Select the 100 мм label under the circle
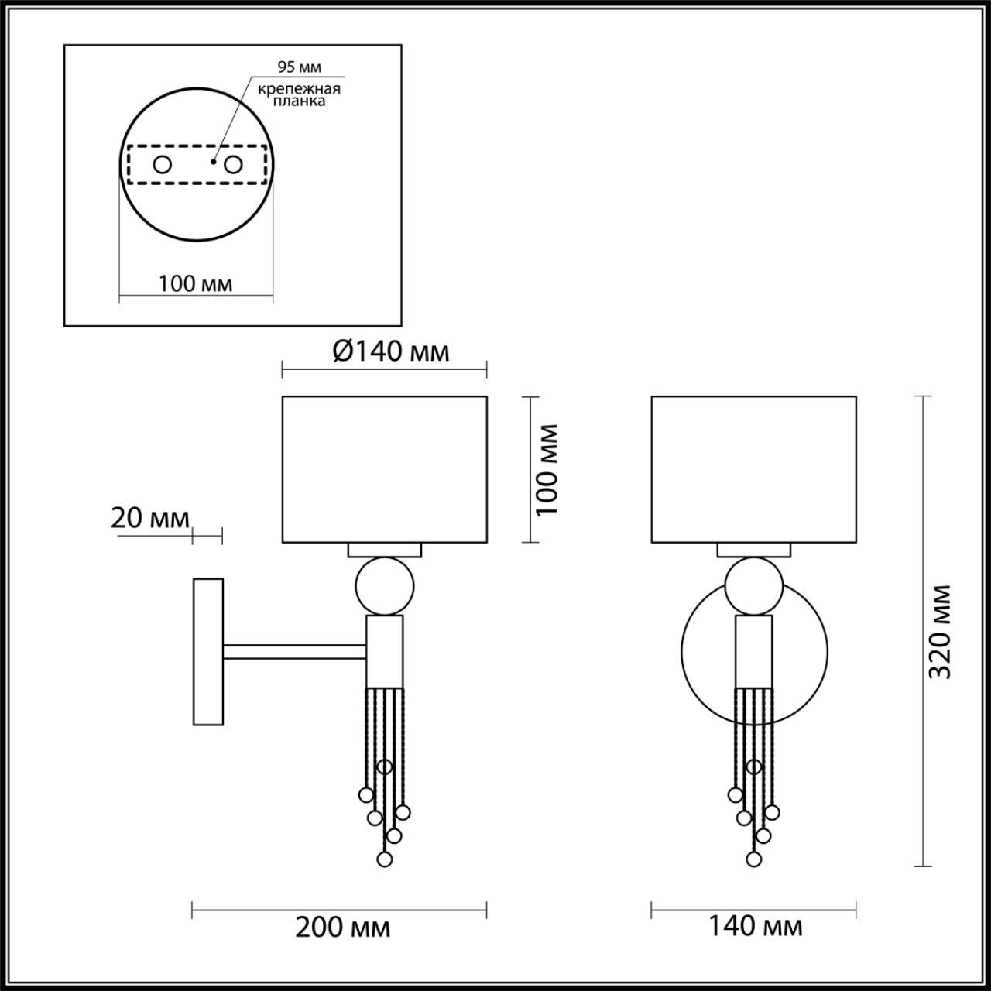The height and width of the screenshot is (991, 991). pos(196,283)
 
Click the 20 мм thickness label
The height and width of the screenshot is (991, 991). pos(150,518)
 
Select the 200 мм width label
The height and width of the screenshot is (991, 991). pos(342,926)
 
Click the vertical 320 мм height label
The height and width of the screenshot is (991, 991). pos(939,631)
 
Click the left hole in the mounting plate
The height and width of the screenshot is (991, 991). pos(163,164)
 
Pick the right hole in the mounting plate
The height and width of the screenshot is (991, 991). pos(232,164)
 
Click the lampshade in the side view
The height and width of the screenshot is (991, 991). pos(384,469)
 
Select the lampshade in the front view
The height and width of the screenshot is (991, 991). pos(753,469)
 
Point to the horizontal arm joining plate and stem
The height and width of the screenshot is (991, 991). pos(294,652)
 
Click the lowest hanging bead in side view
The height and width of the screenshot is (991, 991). pos(384,859)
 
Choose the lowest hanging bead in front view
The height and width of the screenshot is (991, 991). pos(753,859)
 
